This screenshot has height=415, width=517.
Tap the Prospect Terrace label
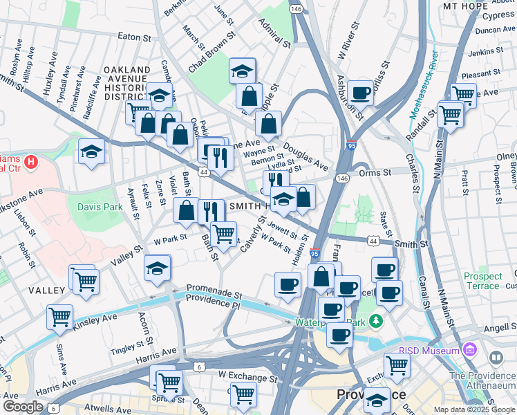pyautogui.click(x=482, y=281)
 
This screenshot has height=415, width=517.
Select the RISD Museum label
pyautogui.click(x=429, y=351)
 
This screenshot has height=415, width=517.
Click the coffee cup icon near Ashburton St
pyautogui.click(x=360, y=92)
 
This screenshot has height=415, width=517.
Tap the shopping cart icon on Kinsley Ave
pyautogui.click(x=59, y=317)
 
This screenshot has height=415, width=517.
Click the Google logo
pyautogui.click(x=23, y=407)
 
